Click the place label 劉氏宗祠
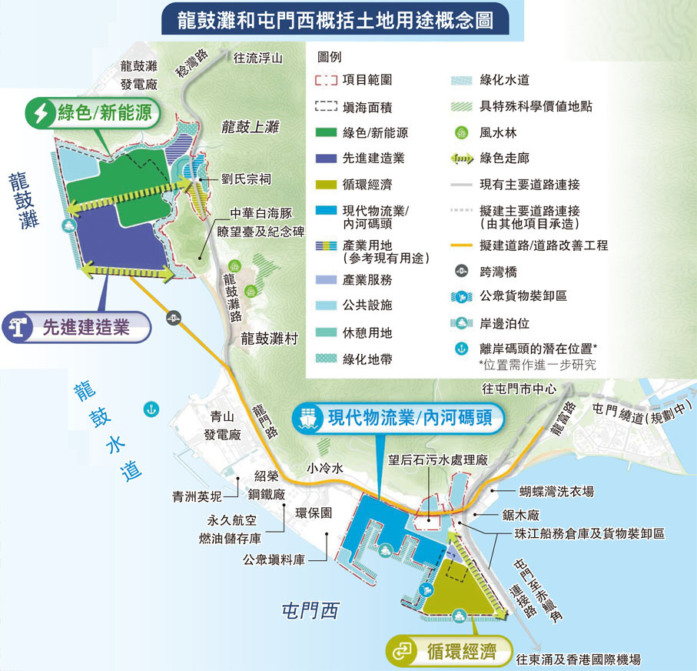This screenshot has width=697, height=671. [x=246, y=178]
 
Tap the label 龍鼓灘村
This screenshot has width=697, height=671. [x=268, y=338]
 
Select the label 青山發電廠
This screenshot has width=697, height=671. [x=222, y=426]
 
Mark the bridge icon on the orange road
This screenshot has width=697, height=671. [x=176, y=315]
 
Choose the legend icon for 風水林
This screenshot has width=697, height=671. [x=461, y=133]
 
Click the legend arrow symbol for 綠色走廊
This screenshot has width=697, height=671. [x=461, y=159]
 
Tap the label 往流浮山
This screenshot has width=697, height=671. [x=257, y=57]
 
